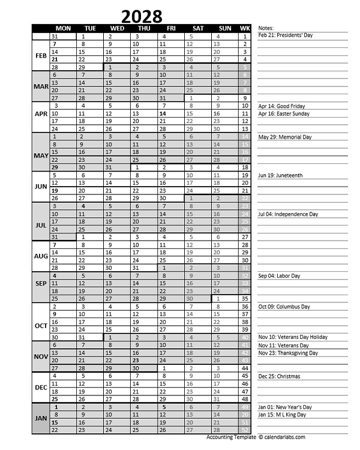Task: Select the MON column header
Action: click(63, 28)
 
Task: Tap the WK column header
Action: click(245, 28)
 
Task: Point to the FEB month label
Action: click(41, 56)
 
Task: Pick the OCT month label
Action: click(41, 326)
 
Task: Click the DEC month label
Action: click(41, 388)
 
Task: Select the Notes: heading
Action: click(266, 28)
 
